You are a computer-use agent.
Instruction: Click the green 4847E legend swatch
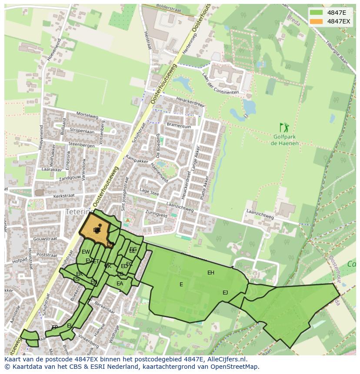(x=317, y=13)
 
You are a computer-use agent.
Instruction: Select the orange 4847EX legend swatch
(x=317, y=21)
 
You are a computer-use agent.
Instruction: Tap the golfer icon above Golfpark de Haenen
(x=284, y=128)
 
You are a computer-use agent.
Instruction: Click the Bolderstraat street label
(x=167, y=7)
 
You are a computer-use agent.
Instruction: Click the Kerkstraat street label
(x=63, y=196)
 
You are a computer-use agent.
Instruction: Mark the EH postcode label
(x=211, y=273)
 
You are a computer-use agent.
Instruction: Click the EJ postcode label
(x=225, y=292)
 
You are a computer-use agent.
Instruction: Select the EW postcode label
(x=86, y=252)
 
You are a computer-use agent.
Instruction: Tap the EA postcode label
(x=120, y=284)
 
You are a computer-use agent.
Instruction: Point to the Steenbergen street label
(x=81, y=145)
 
